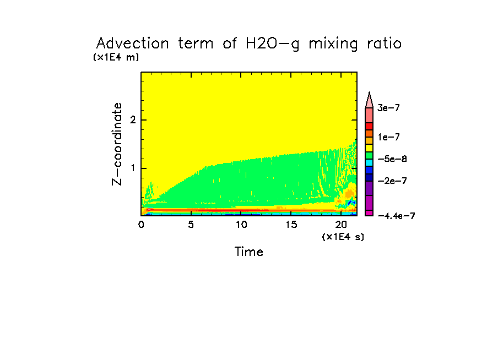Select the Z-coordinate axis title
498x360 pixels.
point(117,143)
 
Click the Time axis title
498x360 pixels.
point(249,252)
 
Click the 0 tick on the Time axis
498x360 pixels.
point(141,225)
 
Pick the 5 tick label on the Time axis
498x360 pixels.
point(191,225)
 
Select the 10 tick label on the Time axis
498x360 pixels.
point(241,225)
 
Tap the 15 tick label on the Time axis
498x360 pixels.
point(291,225)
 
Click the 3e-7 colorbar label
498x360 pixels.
point(388,108)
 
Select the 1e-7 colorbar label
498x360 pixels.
point(388,137)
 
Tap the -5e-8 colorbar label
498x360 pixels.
point(392,159)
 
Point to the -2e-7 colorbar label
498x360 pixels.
point(392,181)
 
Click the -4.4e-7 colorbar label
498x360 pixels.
point(396,216)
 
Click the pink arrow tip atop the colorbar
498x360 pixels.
point(370,97)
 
